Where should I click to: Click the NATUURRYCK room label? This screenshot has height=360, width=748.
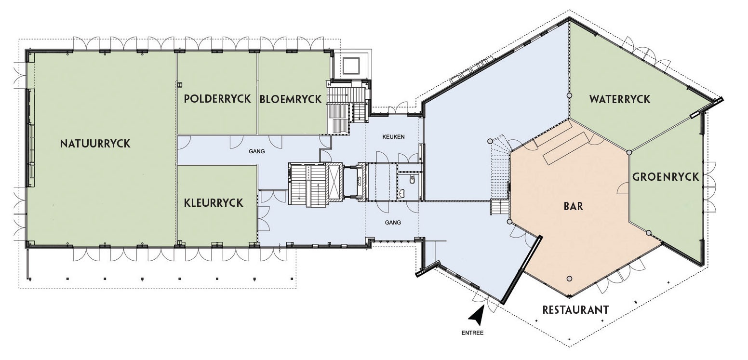coord(95,144)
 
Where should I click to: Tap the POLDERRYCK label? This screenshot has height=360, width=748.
coord(217,98)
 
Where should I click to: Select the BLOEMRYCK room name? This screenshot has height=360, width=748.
coord(291,99)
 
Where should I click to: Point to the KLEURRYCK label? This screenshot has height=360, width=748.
coord(214,203)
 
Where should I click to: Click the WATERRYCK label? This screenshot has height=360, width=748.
coord(620,99)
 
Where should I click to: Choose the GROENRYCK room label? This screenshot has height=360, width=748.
coord(666,177)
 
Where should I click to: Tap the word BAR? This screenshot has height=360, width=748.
coord(574,206)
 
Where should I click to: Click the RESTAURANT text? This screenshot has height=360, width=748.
coord(575,309)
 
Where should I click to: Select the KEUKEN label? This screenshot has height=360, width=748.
coord(393,136)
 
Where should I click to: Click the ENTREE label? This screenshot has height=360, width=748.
coord(472,333)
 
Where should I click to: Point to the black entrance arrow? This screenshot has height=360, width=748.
coord(477,316)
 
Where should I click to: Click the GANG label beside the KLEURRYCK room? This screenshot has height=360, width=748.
coord(257,151)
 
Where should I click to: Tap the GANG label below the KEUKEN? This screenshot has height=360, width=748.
coord(393,223)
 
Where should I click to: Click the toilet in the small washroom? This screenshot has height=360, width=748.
coord(413,180)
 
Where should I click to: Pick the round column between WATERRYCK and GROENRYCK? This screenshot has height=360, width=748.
coord(629,153)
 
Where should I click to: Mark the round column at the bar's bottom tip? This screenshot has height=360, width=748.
coord(569,279)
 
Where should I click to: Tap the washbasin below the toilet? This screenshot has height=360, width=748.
coord(402,193)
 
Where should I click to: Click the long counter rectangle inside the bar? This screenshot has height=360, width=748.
coord(566,147)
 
